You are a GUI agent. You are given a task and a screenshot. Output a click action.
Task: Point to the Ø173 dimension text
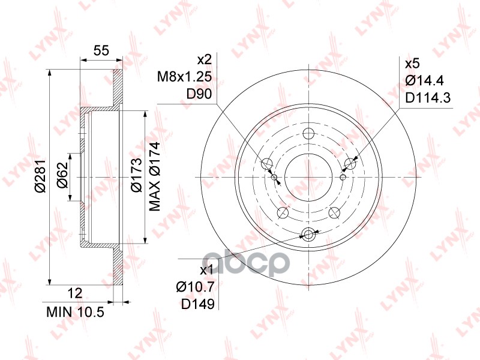[136, 175]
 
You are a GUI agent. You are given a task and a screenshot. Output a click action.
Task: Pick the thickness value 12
[74, 293]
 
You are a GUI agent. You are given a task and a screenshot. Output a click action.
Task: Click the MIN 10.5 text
[75, 312]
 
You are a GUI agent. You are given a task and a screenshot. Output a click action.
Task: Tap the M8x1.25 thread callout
[184, 77]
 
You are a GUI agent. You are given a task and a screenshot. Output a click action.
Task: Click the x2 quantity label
[205, 60]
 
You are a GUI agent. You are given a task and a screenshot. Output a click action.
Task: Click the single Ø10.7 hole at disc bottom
[309, 235]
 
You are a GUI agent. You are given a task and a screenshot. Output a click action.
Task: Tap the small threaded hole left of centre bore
[275, 178]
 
